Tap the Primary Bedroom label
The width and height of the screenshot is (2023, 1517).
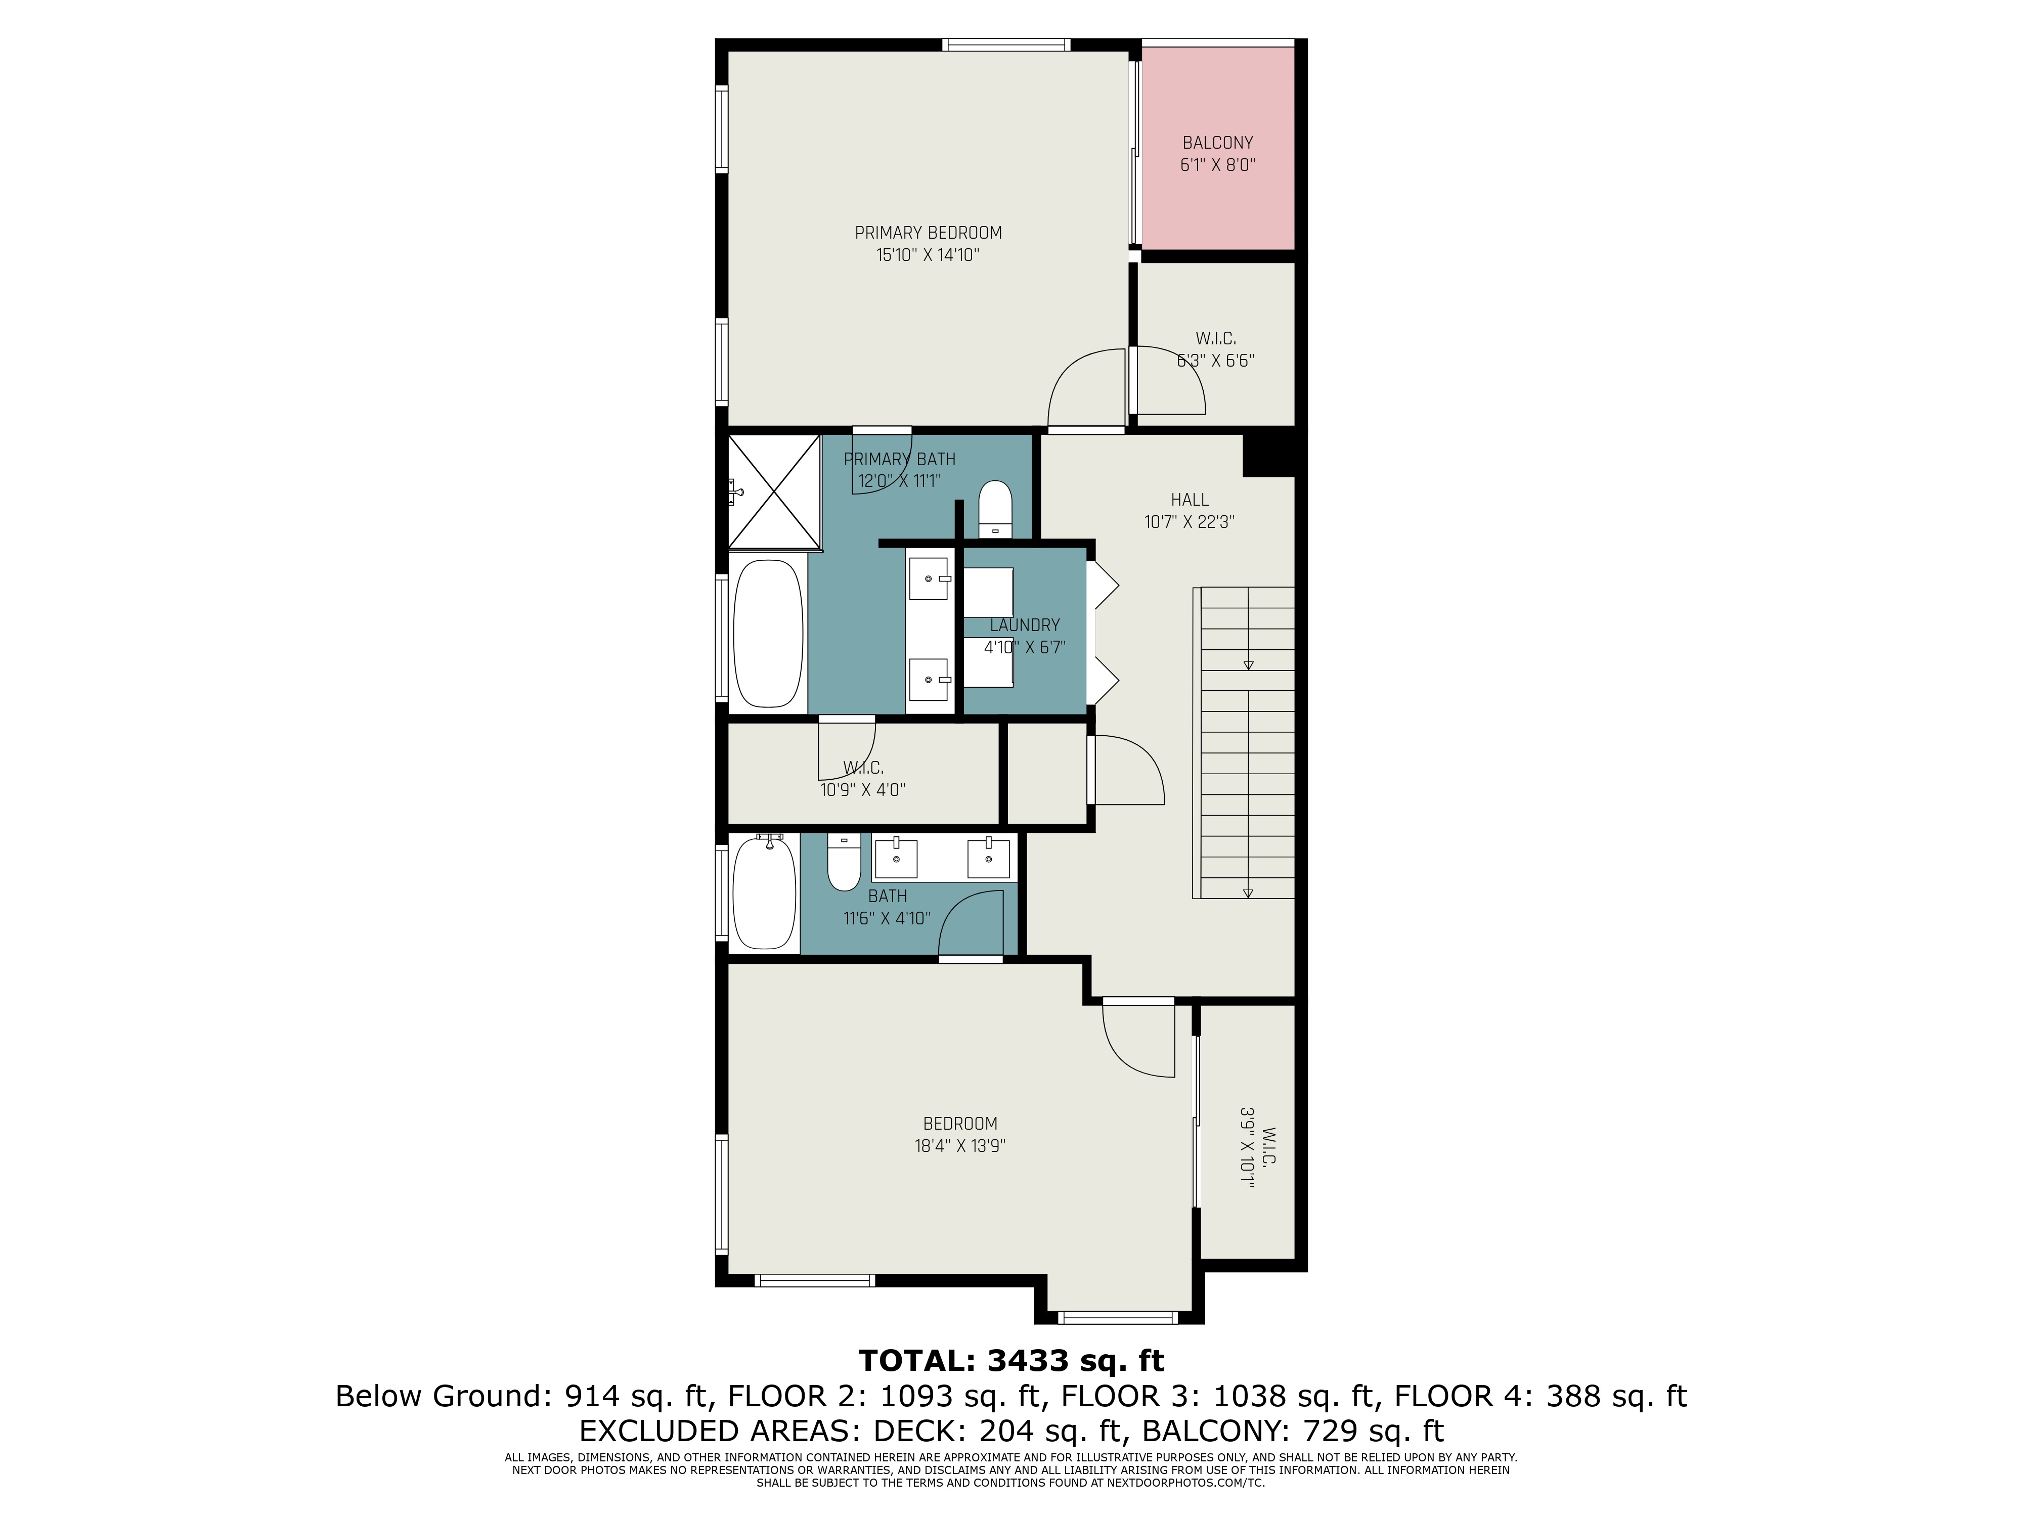928,233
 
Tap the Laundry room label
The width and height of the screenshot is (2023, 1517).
1024,626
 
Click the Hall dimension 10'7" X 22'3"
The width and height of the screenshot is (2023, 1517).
1189,522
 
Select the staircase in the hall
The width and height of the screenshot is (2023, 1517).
1244,742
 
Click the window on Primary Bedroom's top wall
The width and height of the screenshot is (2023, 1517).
1006,44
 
